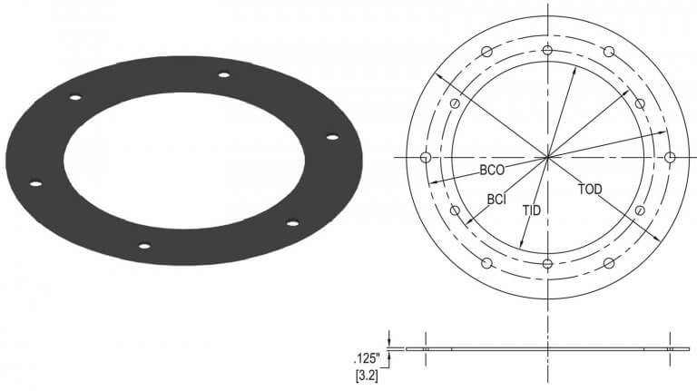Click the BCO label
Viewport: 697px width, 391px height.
(491, 169)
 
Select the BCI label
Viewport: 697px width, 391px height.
(496, 198)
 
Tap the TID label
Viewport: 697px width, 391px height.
(533, 210)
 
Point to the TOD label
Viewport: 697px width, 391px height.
(589, 190)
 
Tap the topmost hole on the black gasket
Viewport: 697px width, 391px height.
(223, 75)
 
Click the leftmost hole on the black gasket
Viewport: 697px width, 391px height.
(35, 184)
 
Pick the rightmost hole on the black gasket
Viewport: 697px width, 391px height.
(332, 137)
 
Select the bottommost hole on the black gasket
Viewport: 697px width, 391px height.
(143, 245)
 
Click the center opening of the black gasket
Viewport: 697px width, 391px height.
(182, 159)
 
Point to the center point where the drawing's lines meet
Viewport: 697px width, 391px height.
(547, 157)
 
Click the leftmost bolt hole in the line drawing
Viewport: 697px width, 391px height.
(425, 157)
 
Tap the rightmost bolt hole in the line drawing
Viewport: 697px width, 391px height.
(670, 157)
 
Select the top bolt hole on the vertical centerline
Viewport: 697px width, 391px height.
(547, 51)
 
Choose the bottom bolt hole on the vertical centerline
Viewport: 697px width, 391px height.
(547, 263)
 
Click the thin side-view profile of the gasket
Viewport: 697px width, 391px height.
(545, 348)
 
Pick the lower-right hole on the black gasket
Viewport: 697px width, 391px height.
(292, 222)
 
